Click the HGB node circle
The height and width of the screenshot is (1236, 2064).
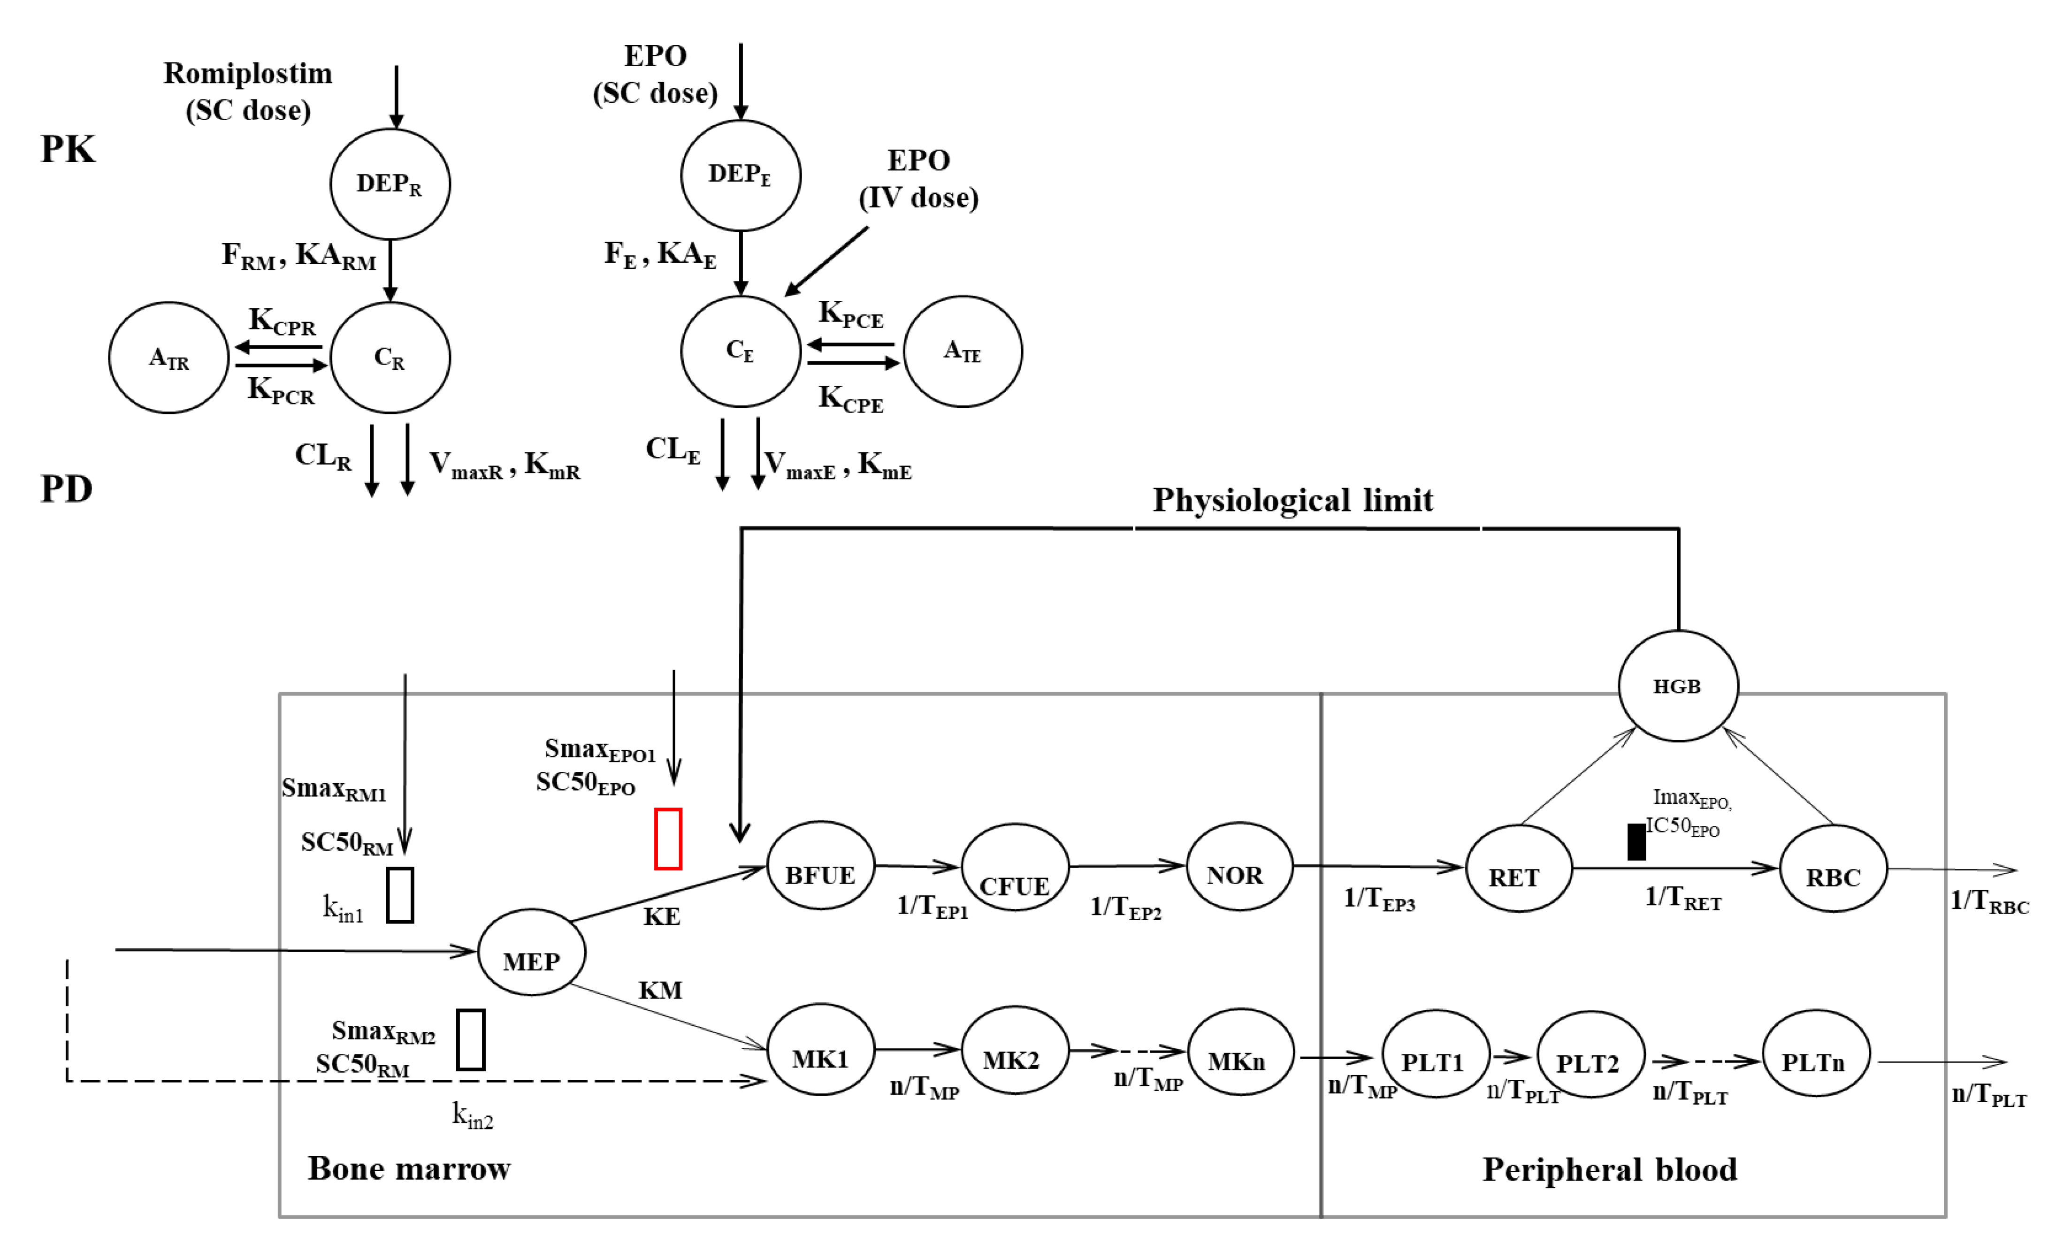pos(1677,687)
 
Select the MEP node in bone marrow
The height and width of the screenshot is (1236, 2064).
pos(531,952)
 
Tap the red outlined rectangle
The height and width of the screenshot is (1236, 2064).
pos(668,839)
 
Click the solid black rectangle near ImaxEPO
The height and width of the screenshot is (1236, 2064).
pos(1636,842)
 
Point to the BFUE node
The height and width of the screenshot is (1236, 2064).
pos(820,866)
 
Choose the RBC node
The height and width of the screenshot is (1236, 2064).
pos(1833,869)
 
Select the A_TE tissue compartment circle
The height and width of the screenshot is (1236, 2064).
pos(963,351)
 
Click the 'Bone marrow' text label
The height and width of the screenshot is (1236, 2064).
pos(409,1168)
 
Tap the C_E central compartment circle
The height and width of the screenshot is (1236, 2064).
pos(741,351)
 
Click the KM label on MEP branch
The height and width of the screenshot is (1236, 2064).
pos(660,990)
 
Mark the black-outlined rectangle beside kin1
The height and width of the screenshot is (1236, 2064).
pos(400,895)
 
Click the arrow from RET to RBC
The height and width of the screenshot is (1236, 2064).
pos(1674,868)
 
